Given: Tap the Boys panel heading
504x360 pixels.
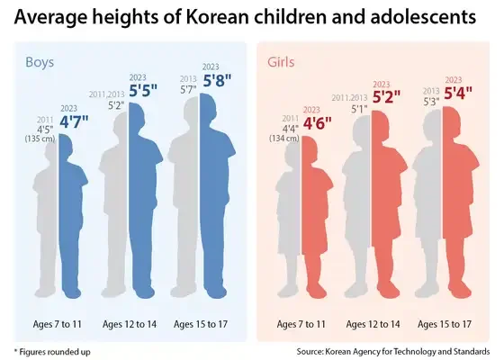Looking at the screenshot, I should click(x=40, y=62).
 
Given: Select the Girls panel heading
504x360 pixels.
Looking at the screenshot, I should click(x=283, y=62).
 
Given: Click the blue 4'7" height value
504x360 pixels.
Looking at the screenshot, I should click(x=75, y=122).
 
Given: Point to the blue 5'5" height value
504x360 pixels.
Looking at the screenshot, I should click(x=143, y=92).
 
